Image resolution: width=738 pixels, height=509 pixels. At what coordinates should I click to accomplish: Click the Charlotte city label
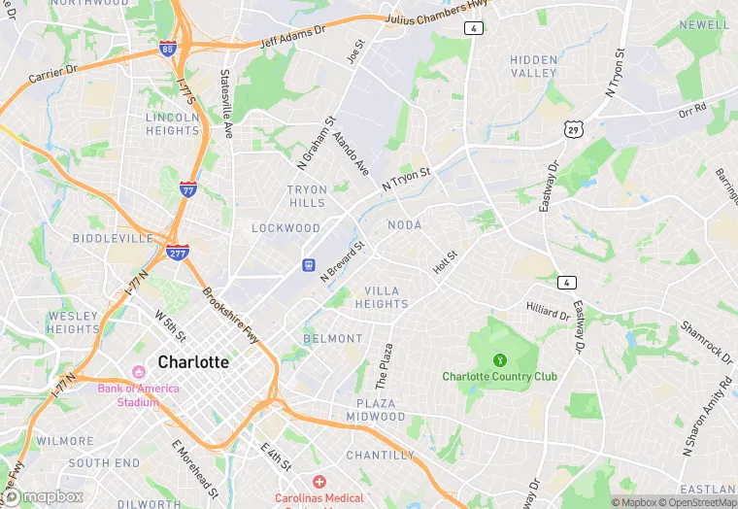point(193,362)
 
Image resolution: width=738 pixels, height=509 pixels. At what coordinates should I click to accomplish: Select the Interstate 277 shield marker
point(177,253)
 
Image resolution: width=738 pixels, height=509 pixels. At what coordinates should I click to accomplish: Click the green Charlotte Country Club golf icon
point(500,360)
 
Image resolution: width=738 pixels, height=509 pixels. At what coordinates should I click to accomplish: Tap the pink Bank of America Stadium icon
point(138,373)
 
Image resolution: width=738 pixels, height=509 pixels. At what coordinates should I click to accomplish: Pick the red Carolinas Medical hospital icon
point(319,482)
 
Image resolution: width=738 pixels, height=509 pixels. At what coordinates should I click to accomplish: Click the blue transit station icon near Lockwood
point(308,264)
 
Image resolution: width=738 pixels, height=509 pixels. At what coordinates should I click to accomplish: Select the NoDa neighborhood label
point(405,225)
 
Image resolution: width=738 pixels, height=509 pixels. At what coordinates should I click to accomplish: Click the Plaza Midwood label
point(374,409)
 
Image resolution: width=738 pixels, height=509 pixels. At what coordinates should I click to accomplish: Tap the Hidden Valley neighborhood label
point(534,66)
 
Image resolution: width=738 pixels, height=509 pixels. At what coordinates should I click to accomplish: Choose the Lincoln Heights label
point(172,123)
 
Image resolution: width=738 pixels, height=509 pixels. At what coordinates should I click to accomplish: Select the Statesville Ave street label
point(227,103)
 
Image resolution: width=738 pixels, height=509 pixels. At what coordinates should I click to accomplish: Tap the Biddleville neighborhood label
point(113,238)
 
